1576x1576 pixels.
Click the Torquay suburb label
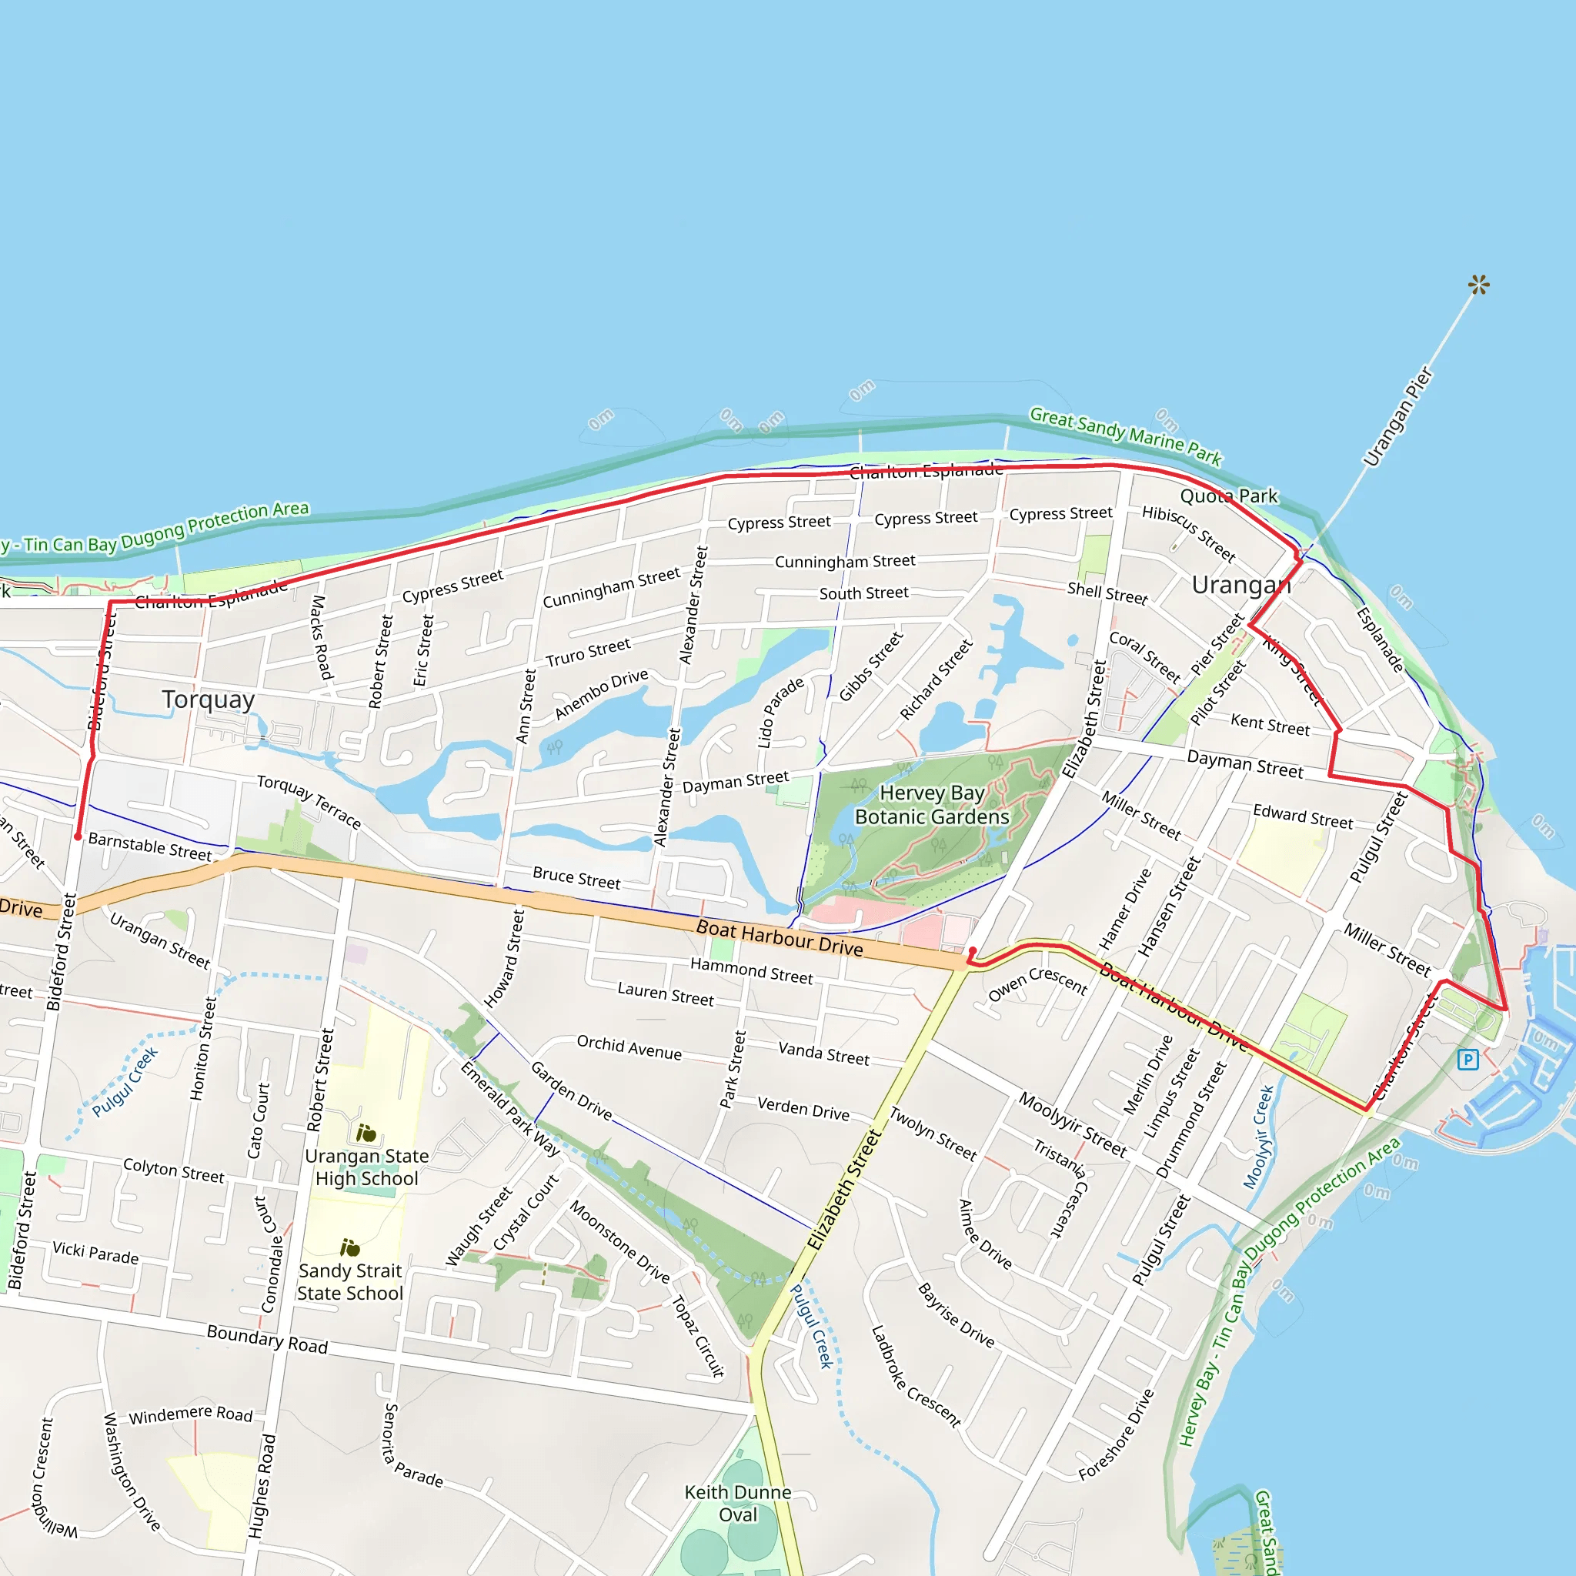tap(208, 700)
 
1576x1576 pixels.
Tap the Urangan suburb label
tap(1240, 585)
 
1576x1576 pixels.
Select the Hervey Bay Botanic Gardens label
tap(932, 804)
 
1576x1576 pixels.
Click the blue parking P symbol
tap(1467, 1060)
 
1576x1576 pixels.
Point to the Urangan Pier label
tap(1397, 417)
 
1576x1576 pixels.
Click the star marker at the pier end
tap(1478, 285)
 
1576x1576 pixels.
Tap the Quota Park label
tap(1228, 496)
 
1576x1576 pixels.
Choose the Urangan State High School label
tap(366, 1167)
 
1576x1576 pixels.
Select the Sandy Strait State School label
tap(350, 1281)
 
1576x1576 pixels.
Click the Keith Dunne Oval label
tap(737, 1504)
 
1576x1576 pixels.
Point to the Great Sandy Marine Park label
tap(1125, 436)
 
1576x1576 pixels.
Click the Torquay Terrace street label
tap(309, 801)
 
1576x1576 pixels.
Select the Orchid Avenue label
tap(629, 1047)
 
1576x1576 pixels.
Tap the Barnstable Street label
tap(150, 846)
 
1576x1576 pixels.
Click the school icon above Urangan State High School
tap(366, 1133)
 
